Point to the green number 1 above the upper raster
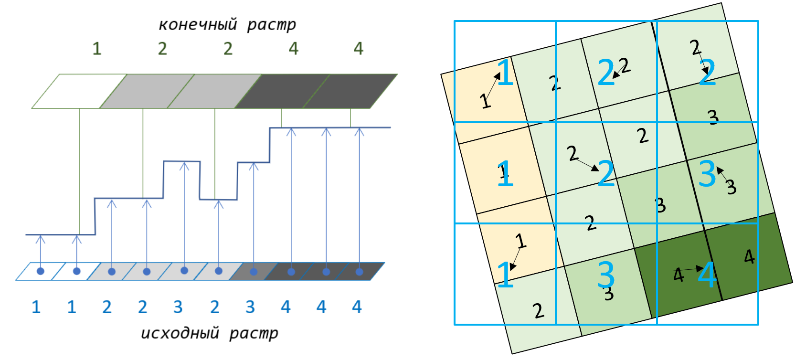click(x=97, y=48)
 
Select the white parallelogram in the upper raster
click(x=79, y=91)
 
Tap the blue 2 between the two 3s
click(x=214, y=307)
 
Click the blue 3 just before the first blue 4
click(x=250, y=307)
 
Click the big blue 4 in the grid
click(x=707, y=275)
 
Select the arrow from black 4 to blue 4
click(x=690, y=270)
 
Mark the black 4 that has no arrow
click(x=749, y=257)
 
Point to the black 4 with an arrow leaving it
click(x=678, y=275)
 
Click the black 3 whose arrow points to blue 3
click(x=731, y=187)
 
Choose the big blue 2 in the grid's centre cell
click(x=606, y=173)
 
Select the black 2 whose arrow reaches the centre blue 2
click(x=573, y=153)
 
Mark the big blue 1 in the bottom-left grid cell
click(x=505, y=275)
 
